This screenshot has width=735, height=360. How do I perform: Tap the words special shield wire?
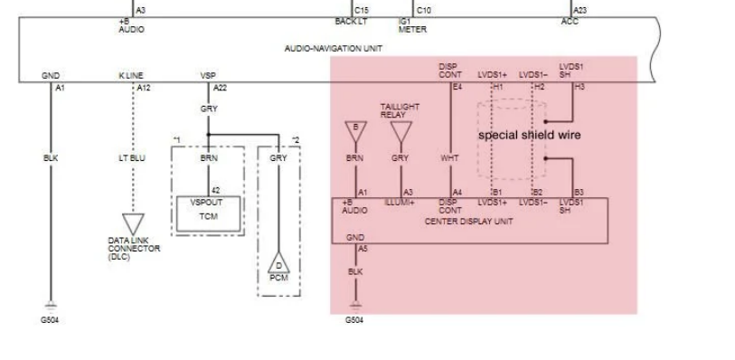529,135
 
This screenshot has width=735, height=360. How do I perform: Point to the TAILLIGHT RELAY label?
400,110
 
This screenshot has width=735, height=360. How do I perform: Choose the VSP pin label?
208,75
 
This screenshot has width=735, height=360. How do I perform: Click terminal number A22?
219,88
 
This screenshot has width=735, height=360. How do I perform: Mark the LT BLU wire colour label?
132,157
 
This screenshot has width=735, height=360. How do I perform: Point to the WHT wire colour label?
449,157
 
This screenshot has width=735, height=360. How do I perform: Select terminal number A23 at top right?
580,10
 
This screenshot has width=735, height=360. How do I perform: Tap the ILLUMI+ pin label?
400,203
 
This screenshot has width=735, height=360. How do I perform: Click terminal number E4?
457,87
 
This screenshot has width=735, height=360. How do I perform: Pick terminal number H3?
580,87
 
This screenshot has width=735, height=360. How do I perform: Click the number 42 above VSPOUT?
216,190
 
